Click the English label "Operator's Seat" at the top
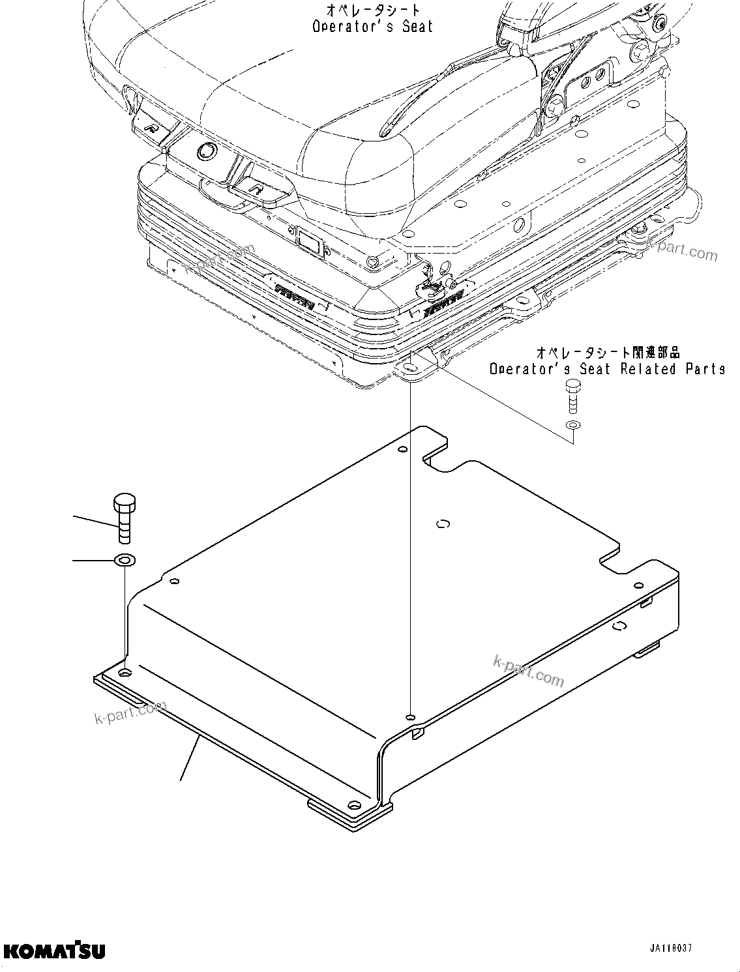(x=372, y=27)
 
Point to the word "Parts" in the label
(x=705, y=369)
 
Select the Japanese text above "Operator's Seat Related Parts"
(x=608, y=353)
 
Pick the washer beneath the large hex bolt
(x=123, y=560)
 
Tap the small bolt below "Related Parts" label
(x=572, y=395)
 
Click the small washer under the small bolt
(x=572, y=425)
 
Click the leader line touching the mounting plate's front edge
(x=189, y=756)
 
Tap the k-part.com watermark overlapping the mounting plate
(x=528, y=671)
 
